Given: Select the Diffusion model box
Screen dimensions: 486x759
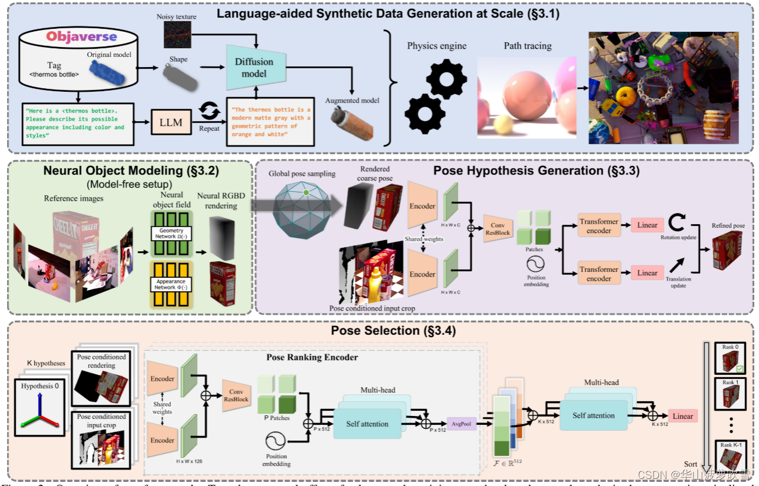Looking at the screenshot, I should pyautogui.click(x=255, y=68).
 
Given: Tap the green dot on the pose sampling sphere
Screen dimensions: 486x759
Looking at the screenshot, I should pyautogui.click(x=306, y=192).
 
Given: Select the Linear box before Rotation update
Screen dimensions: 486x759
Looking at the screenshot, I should pyautogui.click(x=647, y=225).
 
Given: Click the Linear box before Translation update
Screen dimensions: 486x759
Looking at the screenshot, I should pyautogui.click(x=647, y=272).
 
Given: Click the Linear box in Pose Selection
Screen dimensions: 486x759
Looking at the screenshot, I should pyautogui.click(x=682, y=416).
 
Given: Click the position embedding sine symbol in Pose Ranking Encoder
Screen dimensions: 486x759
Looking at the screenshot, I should pyautogui.click(x=276, y=441).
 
